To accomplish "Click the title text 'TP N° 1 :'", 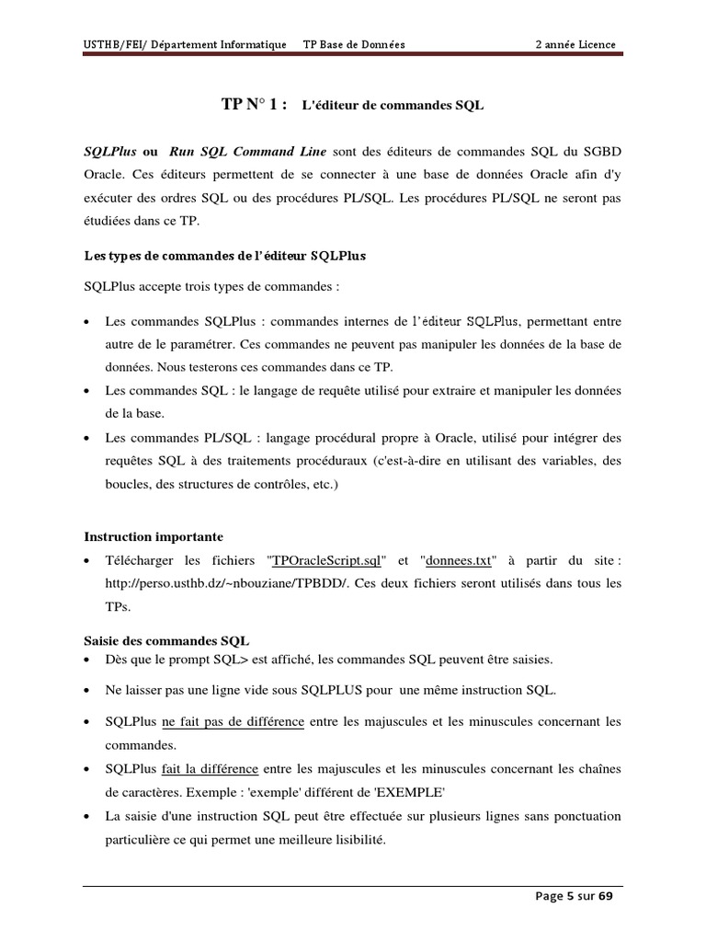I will tap(255, 105).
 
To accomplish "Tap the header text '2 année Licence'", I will tap(575, 44).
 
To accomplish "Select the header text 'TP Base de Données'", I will tap(354, 44).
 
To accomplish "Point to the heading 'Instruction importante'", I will tap(154, 536).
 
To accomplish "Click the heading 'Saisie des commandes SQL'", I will tap(166, 640).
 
